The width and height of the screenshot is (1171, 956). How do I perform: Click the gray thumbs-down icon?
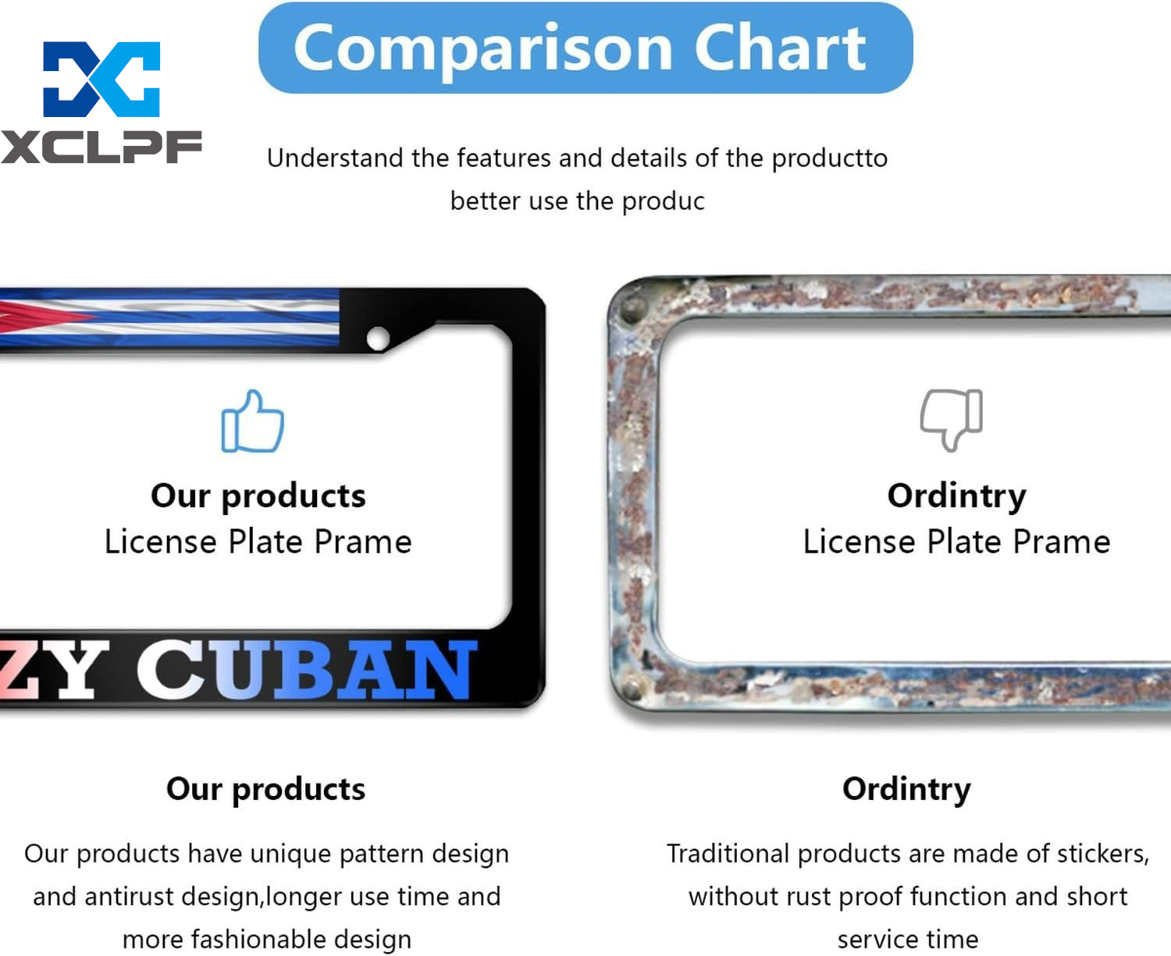(x=951, y=420)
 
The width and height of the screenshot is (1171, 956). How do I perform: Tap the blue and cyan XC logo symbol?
(x=101, y=80)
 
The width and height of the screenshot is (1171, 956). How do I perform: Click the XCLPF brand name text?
(x=101, y=147)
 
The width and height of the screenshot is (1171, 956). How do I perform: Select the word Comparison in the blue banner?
(x=483, y=50)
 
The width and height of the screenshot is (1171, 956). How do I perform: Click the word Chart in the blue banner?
(x=780, y=48)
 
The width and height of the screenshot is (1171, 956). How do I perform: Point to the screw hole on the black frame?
(x=378, y=339)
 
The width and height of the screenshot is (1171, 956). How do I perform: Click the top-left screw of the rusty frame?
(x=629, y=308)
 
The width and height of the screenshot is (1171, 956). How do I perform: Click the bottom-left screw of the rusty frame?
(x=631, y=690)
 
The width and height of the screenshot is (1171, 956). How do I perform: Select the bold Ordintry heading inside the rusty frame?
(x=956, y=496)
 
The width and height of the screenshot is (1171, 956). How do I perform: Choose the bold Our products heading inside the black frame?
(x=258, y=496)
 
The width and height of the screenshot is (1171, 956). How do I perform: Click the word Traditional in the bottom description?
(x=728, y=853)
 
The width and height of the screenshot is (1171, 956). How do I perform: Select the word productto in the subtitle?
(x=830, y=158)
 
